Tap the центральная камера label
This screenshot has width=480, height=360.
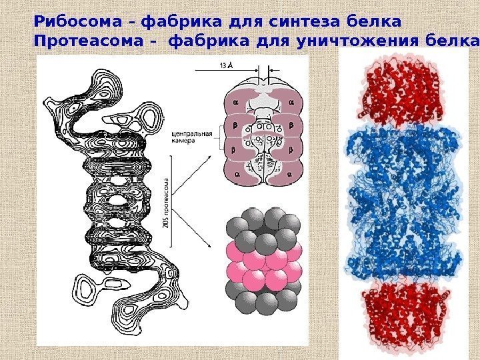(193, 137)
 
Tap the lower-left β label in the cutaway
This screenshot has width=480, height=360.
(235, 151)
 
